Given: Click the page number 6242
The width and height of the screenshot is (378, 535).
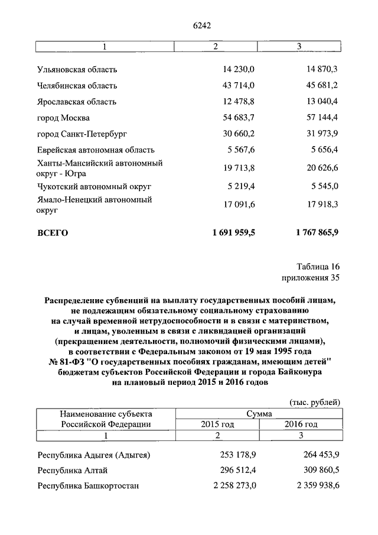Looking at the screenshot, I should point(202,25).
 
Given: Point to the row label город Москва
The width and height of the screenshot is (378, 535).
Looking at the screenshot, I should point(63,118).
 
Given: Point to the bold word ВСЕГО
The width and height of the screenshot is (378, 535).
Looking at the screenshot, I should point(53,233).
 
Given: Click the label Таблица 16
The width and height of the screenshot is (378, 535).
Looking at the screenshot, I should point(318,266).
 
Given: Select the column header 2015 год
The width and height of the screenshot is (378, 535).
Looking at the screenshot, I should point(217,424).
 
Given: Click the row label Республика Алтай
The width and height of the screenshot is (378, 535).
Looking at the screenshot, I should point(72,471).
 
